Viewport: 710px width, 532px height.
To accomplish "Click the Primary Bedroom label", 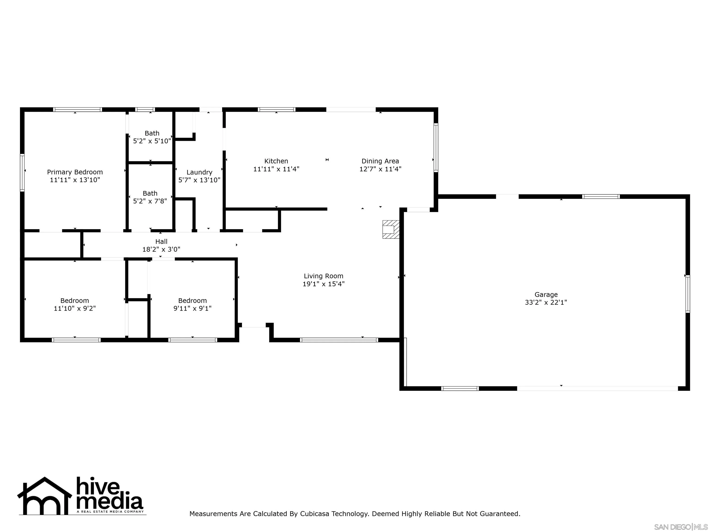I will (x=75, y=172).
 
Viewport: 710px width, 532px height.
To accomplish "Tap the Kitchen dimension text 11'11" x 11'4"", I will (x=276, y=169).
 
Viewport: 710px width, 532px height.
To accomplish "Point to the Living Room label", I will (x=323, y=276).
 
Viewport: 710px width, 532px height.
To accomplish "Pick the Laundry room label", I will (x=199, y=172).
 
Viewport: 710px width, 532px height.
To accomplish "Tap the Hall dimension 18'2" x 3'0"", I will (x=161, y=249).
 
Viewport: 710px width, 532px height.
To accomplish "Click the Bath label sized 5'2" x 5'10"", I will (x=152, y=133).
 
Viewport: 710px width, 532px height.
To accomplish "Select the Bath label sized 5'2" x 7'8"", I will (x=150, y=193).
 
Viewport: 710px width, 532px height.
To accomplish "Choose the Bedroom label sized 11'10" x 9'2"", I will (x=74, y=300).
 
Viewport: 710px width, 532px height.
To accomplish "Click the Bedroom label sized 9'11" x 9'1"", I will (x=192, y=300).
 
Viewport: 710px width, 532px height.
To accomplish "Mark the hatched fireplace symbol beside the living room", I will (x=391, y=229).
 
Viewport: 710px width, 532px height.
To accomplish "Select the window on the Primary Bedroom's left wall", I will (x=22, y=172).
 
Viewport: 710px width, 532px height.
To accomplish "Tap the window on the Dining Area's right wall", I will (x=436, y=148).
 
